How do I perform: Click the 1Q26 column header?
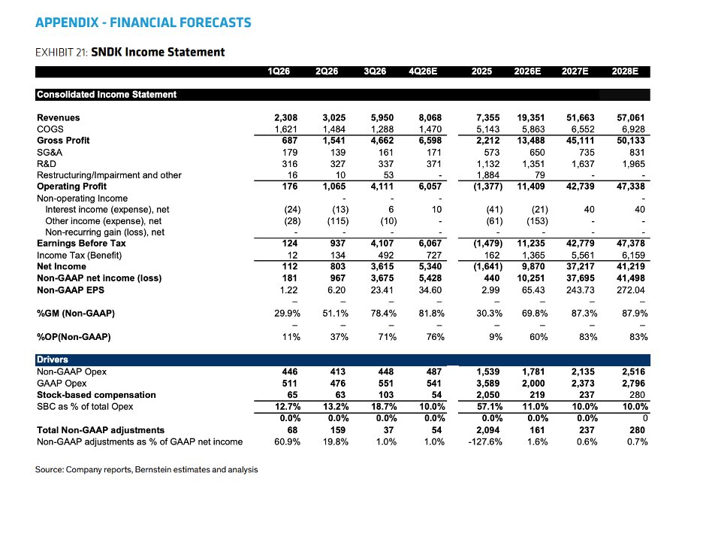(279, 71)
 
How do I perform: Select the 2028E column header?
(625, 71)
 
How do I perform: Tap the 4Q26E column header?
(423, 71)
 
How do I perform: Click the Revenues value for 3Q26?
(382, 117)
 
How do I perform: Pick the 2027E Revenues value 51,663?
(580, 117)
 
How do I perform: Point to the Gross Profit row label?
(63, 141)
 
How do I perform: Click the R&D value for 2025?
(488, 164)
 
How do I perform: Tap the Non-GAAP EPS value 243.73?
(580, 290)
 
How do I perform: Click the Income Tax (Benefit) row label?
(80, 256)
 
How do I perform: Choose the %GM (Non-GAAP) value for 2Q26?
(336, 314)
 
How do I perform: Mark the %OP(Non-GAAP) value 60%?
(539, 337)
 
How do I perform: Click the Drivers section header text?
(53, 359)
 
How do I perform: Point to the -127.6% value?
(485, 441)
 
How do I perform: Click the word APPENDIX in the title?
(67, 23)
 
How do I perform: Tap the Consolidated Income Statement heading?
(107, 95)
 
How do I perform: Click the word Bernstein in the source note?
(153, 469)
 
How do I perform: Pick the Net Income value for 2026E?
(533, 267)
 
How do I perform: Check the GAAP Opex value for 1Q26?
(290, 384)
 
